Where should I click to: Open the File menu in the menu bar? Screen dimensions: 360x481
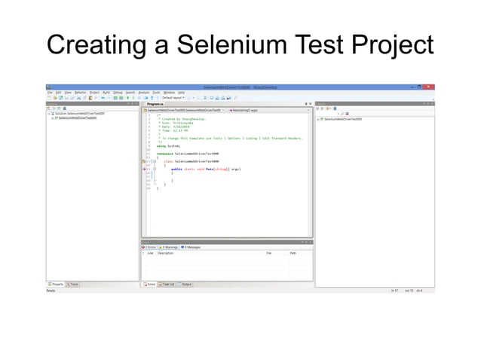coord(49,92)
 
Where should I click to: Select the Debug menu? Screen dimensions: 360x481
coord(118,92)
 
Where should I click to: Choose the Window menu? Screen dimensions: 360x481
coord(169,92)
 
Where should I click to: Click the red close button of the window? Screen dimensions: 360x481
coord(432,87)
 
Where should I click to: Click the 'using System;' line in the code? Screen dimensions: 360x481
coord(158,145)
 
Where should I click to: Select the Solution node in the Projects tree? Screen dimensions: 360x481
coord(75,114)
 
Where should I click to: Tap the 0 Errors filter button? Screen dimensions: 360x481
coord(149,247)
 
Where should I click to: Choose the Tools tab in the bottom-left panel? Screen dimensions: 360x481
coord(74,284)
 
